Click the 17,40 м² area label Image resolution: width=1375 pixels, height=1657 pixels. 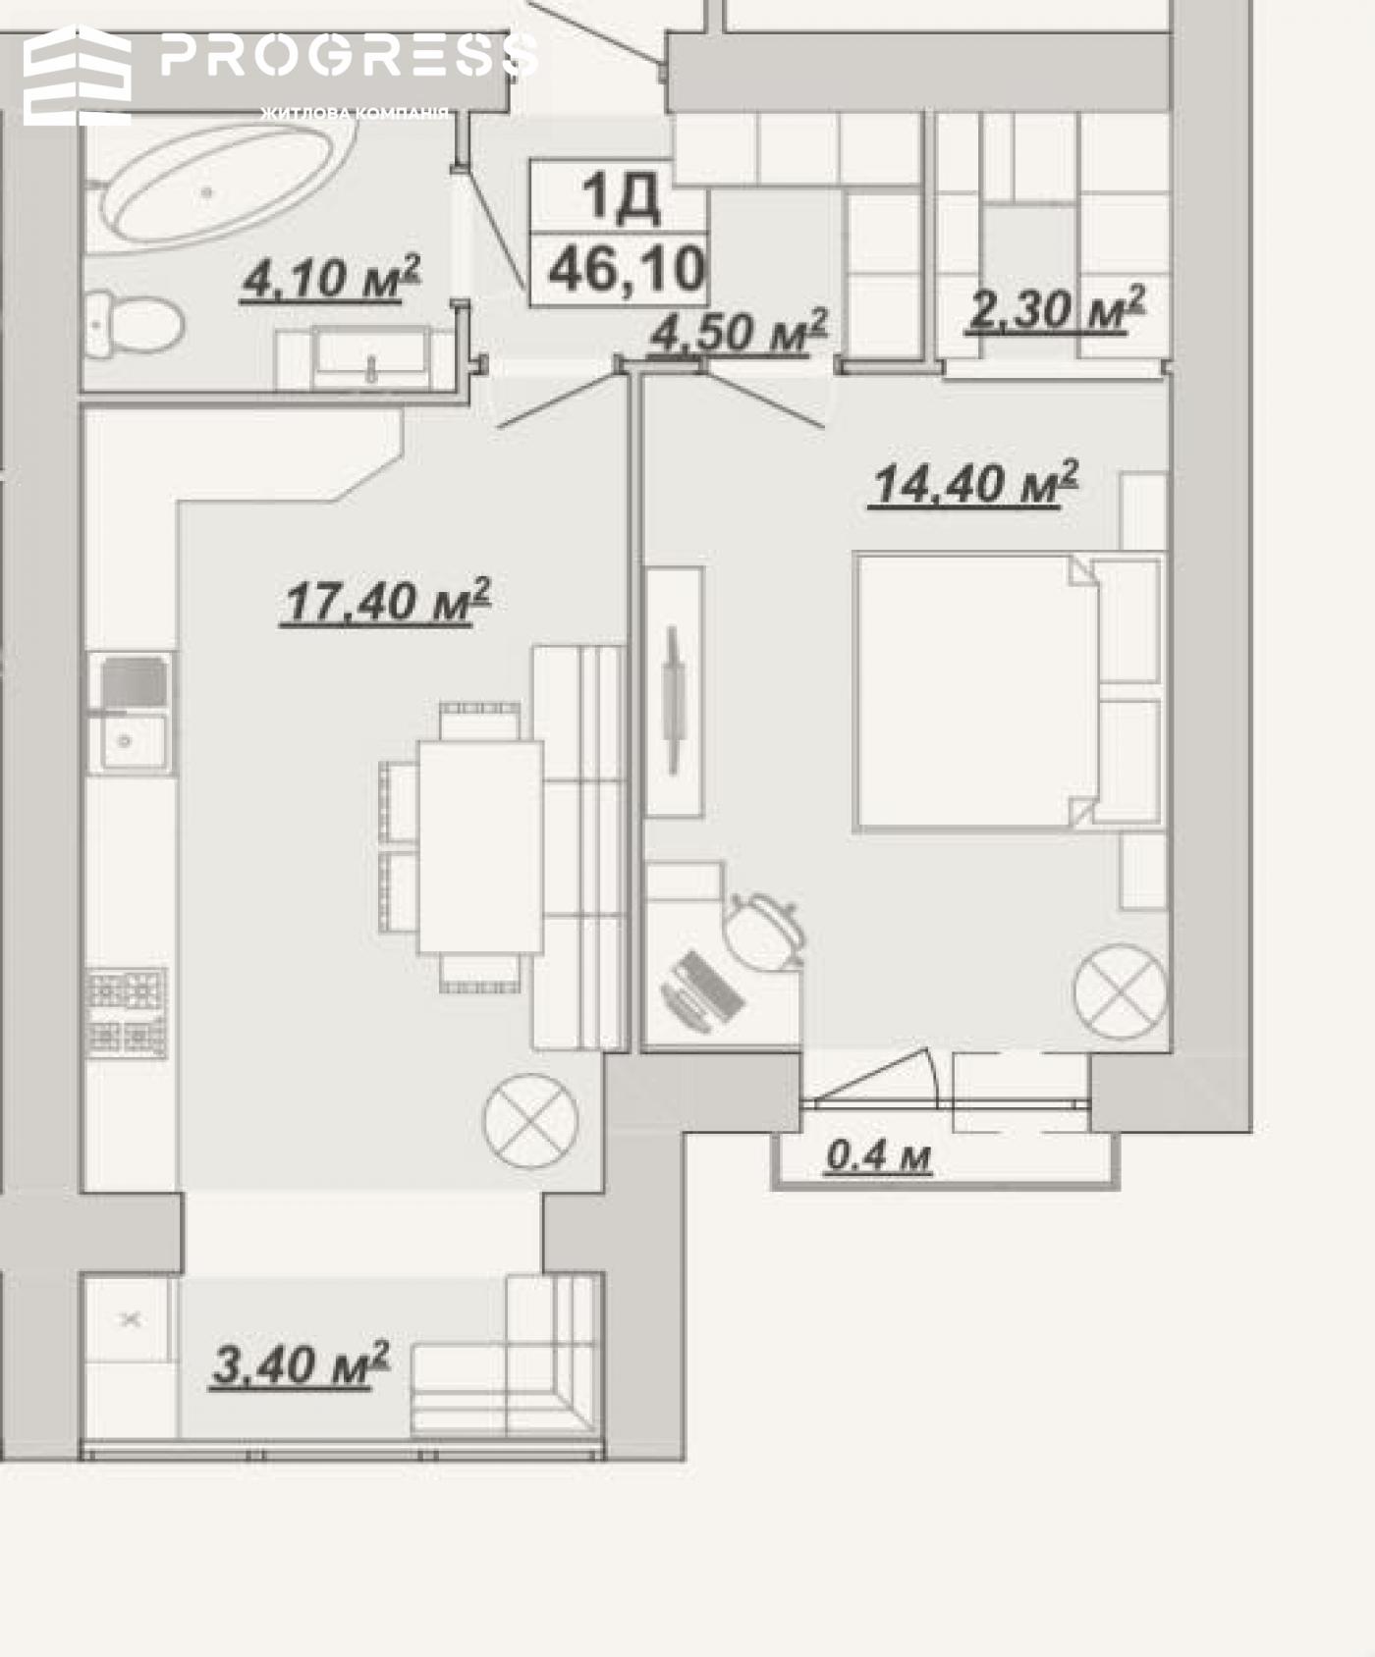pos(386,602)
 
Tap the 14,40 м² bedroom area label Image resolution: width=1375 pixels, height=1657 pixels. pos(974,483)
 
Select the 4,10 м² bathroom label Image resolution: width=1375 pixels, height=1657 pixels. pos(331,278)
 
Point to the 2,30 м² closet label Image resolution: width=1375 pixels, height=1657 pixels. pos(1056,308)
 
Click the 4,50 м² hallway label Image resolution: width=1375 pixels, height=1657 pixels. pos(738,331)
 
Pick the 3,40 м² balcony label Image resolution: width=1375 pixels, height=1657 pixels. pos(301,1364)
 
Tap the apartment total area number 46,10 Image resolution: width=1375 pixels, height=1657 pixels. pos(628,268)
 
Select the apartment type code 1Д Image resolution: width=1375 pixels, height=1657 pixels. pos(621,195)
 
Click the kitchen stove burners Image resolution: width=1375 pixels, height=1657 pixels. pos(127,1013)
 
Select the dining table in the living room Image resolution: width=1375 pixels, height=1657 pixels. pos(480,846)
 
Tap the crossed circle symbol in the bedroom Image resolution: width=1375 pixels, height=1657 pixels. pos(1121,991)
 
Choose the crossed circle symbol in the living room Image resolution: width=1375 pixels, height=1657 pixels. pos(530,1121)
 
